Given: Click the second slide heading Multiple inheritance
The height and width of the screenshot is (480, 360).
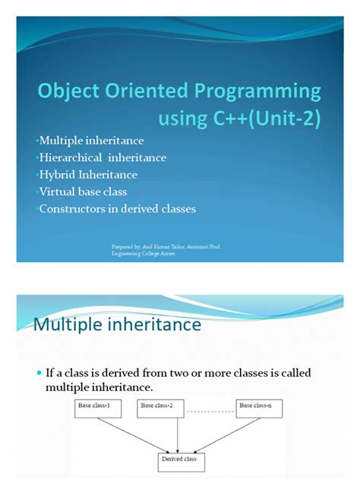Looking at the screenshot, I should pyautogui.click(x=118, y=325).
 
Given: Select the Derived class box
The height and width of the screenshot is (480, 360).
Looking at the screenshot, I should pyautogui.click(x=178, y=460).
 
